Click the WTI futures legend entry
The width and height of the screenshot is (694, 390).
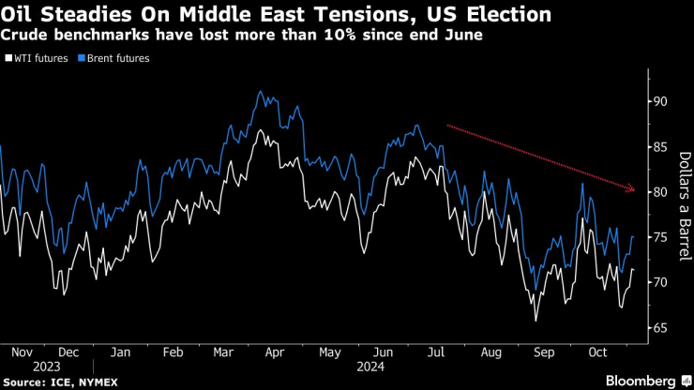[37, 58]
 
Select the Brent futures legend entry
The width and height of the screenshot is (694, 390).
[115, 58]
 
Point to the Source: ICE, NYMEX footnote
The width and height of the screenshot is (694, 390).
[58, 382]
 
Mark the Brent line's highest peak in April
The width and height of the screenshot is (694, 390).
[259, 92]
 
